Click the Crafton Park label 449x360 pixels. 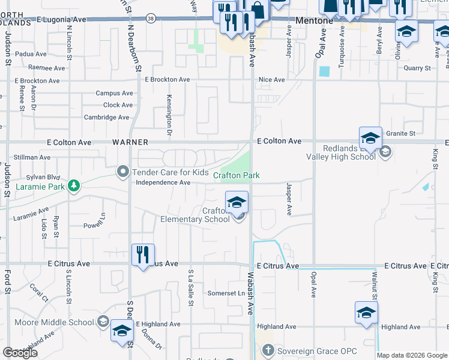coord(237,175)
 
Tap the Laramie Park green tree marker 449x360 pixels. coord(74,185)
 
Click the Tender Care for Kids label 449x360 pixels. coord(162,172)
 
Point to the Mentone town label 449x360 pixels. coord(315,20)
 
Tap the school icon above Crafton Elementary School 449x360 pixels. coord(237,202)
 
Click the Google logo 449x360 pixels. coord(20,353)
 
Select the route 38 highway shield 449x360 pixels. coord(150,19)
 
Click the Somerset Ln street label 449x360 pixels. coord(226,293)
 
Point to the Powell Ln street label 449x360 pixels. coord(95,226)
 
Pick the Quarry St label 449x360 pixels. coord(417,68)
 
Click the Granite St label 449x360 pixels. coord(401,133)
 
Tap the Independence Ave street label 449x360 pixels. coord(163,183)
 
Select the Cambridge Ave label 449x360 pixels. coord(107,117)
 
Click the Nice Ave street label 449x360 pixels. coord(271,79)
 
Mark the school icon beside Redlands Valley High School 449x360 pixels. coord(370,139)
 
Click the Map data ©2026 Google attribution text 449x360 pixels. coord(411,355)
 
